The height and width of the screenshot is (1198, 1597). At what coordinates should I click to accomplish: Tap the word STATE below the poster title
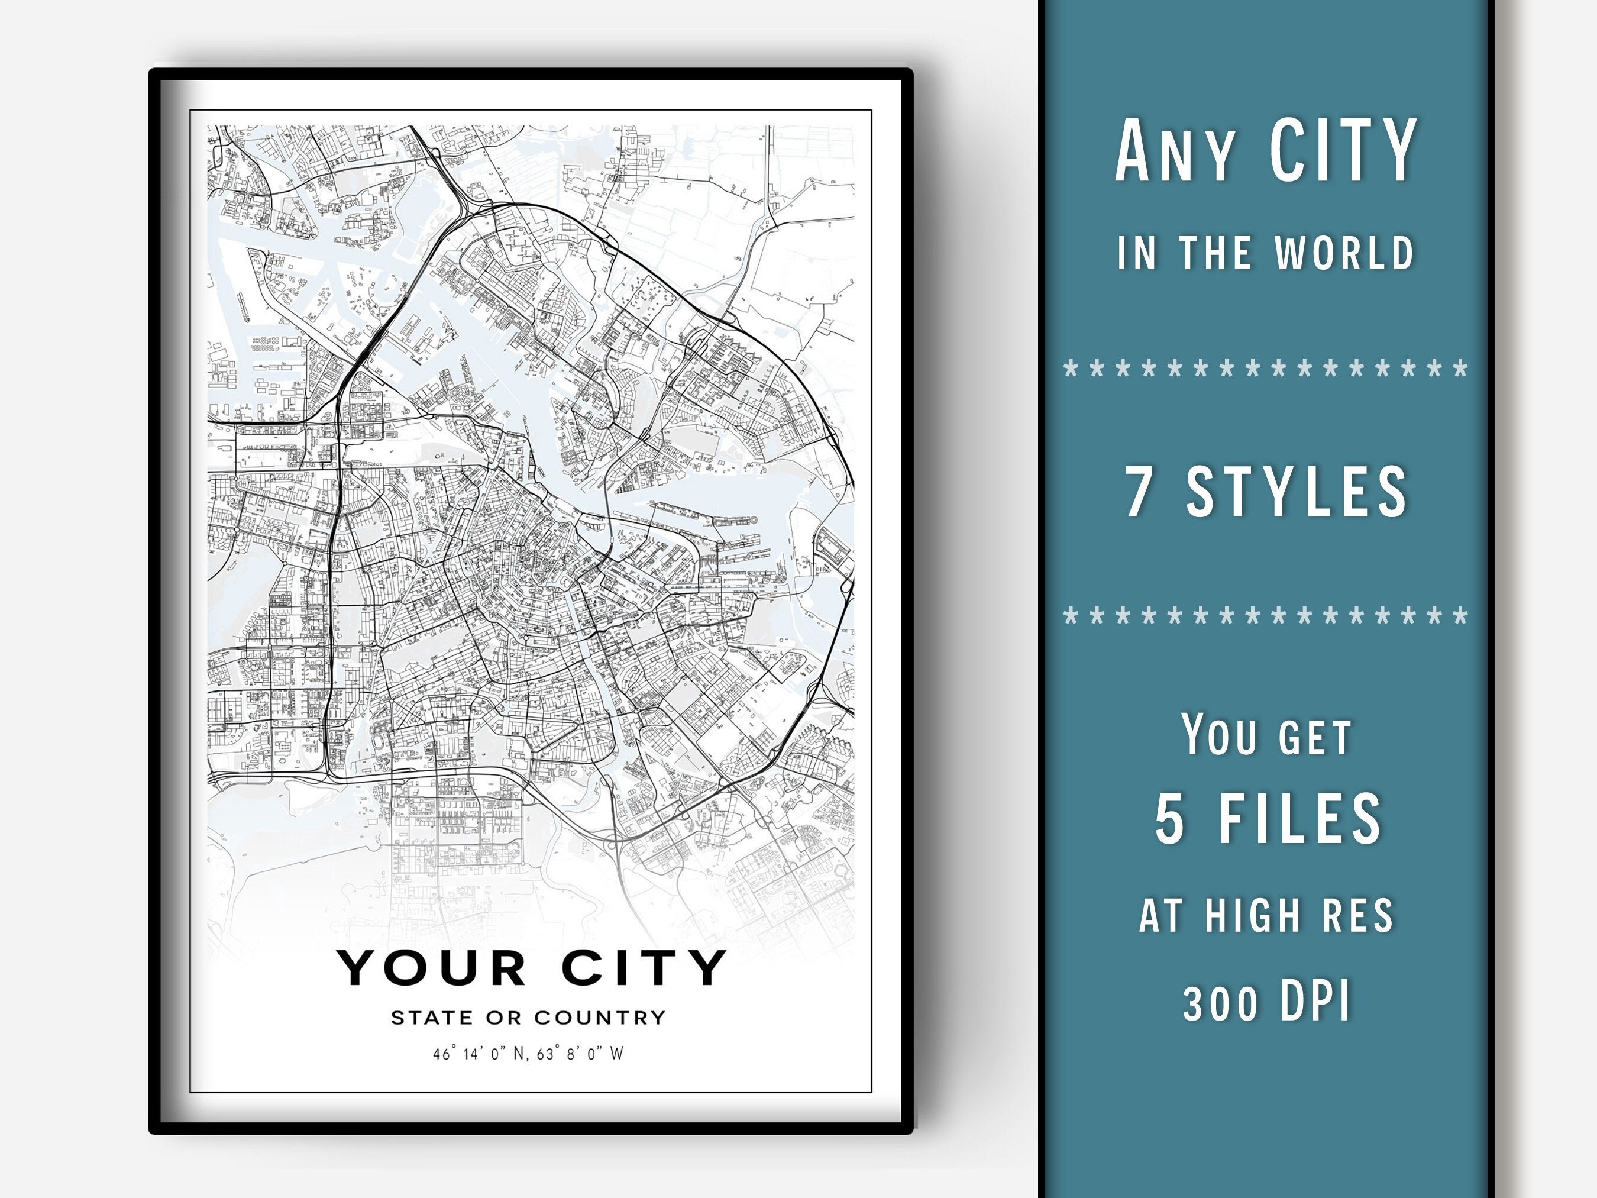(432, 1018)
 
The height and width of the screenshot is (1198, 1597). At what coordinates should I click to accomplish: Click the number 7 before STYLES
(1139, 491)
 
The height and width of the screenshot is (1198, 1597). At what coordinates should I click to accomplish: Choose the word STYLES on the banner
(1297, 491)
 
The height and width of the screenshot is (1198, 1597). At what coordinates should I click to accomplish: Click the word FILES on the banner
(1300, 818)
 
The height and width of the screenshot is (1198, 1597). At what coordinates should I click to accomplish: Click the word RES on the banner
(1357, 915)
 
